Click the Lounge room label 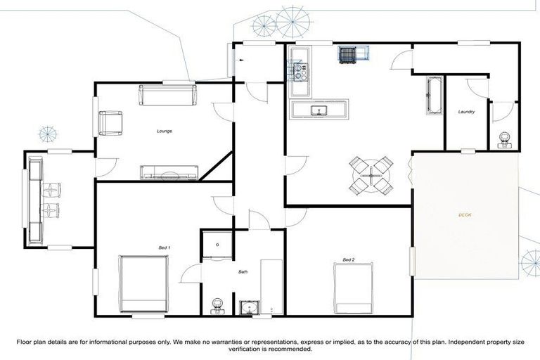(165, 131)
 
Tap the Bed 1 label (165, 247)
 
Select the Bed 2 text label (348, 260)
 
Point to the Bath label (243, 271)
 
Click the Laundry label (466, 112)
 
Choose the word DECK (465, 214)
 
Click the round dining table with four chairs (371, 175)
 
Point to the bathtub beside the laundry (433, 96)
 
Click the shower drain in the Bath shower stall (218, 245)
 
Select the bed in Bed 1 (143, 284)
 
